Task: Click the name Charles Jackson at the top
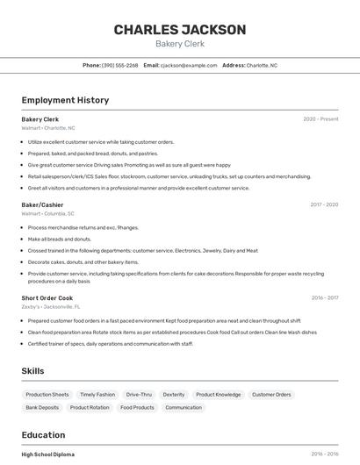(180, 30)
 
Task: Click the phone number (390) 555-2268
(120, 65)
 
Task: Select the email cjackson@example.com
(187, 65)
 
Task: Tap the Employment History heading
(65, 100)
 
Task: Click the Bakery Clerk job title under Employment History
(40, 118)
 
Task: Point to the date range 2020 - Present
(320, 118)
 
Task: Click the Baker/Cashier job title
(42, 204)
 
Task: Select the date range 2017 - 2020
(324, 204)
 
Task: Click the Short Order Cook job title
(47, 298)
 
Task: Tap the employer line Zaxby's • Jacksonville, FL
(51, 307)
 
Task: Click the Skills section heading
(33, 371)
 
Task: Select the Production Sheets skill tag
(47, 395)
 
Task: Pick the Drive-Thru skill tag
(139, 395)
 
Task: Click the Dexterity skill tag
(174, 395)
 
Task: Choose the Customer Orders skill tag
(271, 395)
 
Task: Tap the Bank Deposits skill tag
(42, 407)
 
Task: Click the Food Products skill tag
(138, 407)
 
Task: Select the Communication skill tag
(184, 407)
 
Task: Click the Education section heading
(43, 435)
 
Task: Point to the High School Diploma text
(48, 454)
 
